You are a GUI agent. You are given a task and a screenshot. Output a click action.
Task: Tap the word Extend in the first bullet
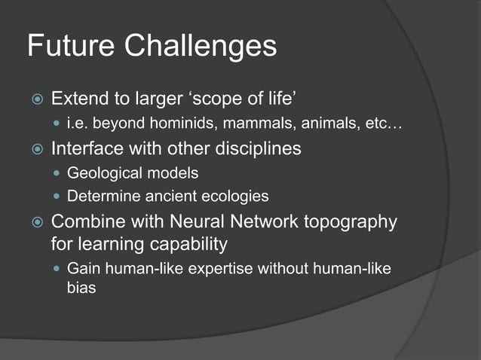tap(79, 99)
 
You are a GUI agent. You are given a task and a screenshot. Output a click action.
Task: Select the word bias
tap(81, 288)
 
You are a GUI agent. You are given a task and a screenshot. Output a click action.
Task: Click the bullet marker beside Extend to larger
tap(35, 99)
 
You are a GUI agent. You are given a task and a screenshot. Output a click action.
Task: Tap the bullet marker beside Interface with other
tap(35, 149)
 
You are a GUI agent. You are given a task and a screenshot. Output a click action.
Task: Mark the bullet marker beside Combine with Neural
tap(35, 223)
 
